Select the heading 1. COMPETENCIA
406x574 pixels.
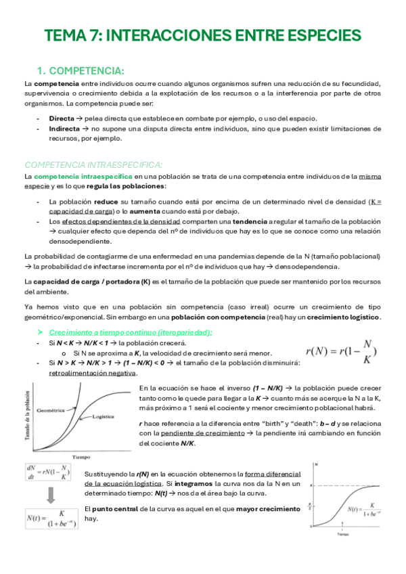[x=80, y=71]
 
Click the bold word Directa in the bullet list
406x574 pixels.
[x=62, y=118]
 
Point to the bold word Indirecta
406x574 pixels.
[x=65, y=128]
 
